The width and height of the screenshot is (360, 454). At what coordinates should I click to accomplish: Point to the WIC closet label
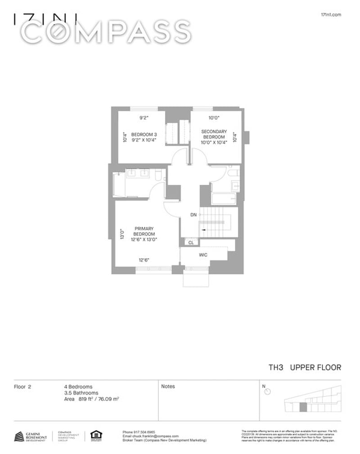203,255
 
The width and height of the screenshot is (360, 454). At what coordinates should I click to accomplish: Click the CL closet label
191,242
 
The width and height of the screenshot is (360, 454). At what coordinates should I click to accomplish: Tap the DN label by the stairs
193,215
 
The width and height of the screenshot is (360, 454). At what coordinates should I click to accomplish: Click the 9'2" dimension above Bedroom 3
144,118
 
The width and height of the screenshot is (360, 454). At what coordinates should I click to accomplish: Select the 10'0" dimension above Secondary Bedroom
213,118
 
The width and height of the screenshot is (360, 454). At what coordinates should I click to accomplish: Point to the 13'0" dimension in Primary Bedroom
122,234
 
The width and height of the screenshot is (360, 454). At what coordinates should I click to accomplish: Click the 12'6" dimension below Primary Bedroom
144,260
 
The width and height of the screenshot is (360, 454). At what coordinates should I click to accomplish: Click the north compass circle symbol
268,392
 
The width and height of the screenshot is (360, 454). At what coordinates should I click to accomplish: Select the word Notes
168,386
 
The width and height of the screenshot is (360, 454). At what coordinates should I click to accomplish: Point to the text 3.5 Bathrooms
81,392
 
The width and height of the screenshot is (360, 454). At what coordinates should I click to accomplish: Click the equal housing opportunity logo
96,434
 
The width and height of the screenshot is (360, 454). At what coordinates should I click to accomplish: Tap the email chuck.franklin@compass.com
151,436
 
